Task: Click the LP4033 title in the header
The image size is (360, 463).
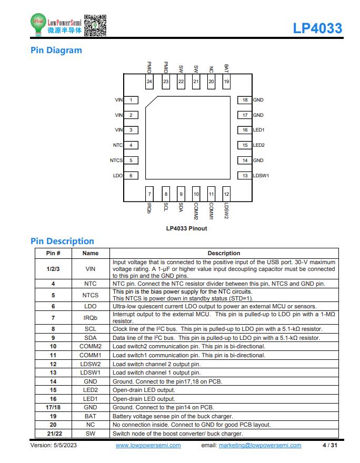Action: coord(317,28)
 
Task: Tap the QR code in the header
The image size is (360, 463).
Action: coord(95,25)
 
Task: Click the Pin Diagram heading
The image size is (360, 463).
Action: coord(56,50)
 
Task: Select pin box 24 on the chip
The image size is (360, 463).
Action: coord(149,82)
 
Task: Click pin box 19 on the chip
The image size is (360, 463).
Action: coord(226,82)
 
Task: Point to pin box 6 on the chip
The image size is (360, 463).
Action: coord(131,176)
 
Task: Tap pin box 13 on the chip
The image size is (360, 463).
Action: coord(245,176)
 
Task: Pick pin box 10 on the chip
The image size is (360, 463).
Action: coord(196,194)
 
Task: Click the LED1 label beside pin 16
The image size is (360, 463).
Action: coord(259,130)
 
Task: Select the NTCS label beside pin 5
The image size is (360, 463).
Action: coord(116,160)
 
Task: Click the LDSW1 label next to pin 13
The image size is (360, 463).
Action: coord(261,176)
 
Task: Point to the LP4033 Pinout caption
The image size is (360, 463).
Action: coord(187,228)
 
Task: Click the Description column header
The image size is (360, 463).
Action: coord(224,253)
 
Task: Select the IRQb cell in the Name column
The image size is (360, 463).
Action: coord(91,318)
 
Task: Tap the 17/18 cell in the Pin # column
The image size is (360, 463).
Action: coord(53,407)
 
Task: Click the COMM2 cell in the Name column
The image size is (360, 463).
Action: coord(91,346)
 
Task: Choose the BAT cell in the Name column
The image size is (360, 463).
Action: coord(91,416)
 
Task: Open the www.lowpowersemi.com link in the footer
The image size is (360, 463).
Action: coord(148,445)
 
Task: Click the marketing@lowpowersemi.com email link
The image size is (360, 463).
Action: coord(260,445)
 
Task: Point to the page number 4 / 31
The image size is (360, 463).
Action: coord(330,445)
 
